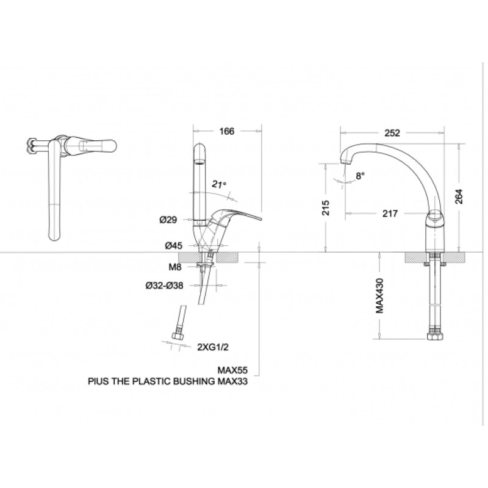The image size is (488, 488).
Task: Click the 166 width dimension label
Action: point(227,131)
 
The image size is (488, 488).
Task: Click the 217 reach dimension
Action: point(390,213)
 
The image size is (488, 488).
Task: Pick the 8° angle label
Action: point(360,176)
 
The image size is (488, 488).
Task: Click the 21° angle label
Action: point(219,184)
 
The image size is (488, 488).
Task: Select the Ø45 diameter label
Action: point(173,246)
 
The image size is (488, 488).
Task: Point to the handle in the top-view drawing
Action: point(98,145)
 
